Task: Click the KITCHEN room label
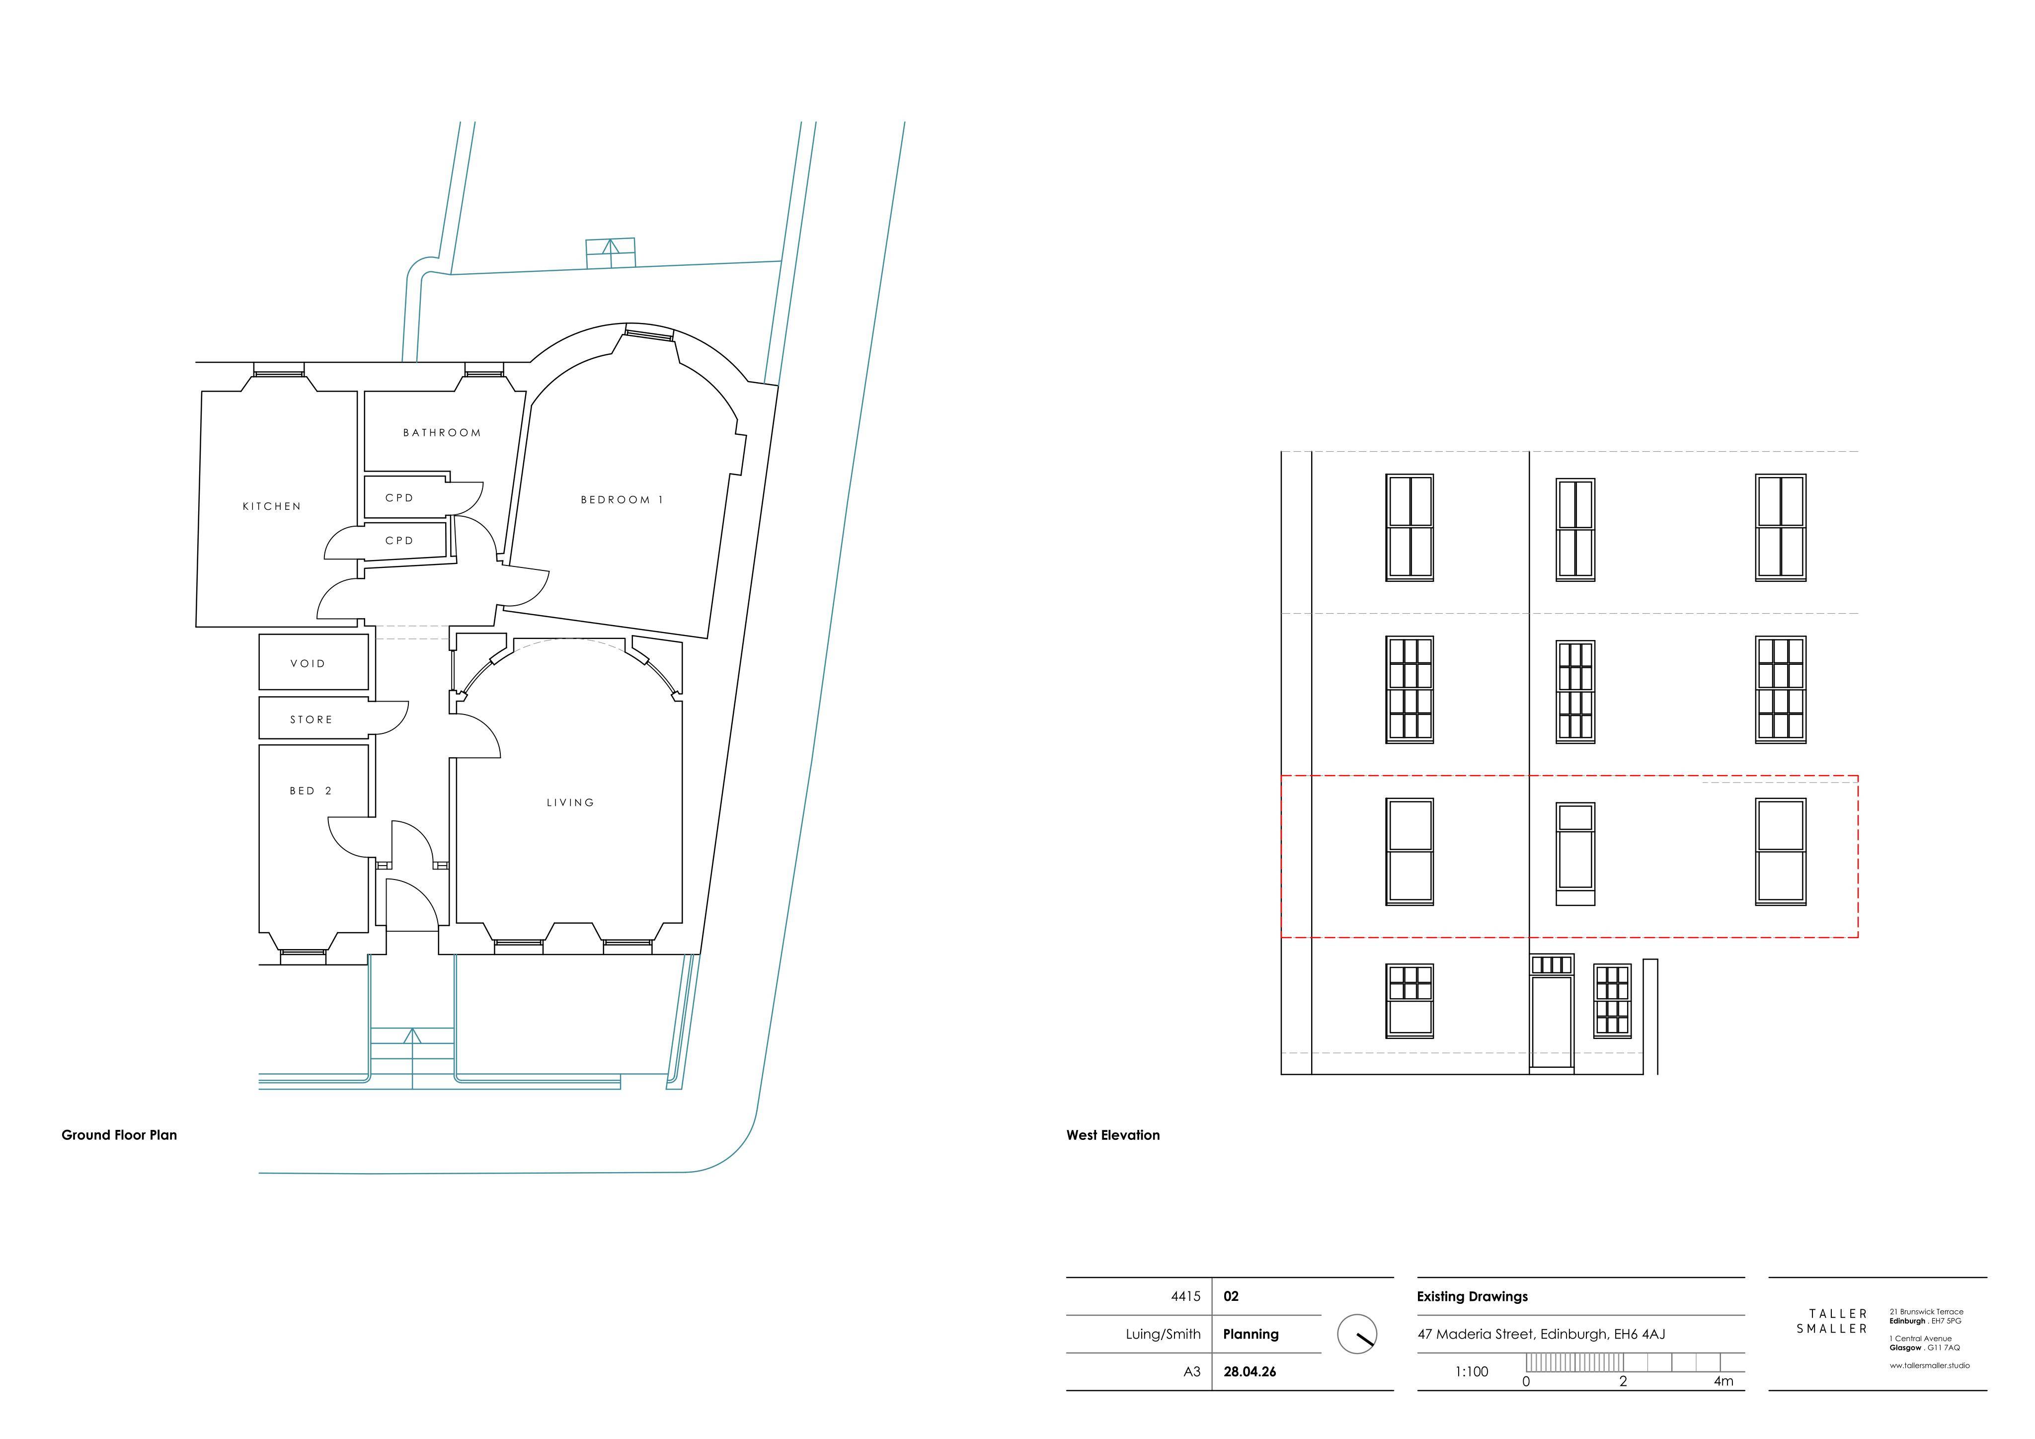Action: click(x=272, y=506)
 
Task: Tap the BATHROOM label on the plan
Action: click(x=442, y=433)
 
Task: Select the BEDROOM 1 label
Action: click(x=622, y=500)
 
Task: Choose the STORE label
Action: click(x=311, y=720)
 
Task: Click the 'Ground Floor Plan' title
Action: click(x=119, y=1135)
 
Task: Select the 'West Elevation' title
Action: click(x=1113, y=1135)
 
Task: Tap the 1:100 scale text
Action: click(x=1472, y=1371)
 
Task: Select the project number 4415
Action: click(x=1186, y=1296)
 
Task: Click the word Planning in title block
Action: click(x=1251, y=1334)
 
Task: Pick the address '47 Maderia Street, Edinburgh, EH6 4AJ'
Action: click(x=1541, y=1334)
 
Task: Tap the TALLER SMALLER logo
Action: click(x=1832, y=1321)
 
